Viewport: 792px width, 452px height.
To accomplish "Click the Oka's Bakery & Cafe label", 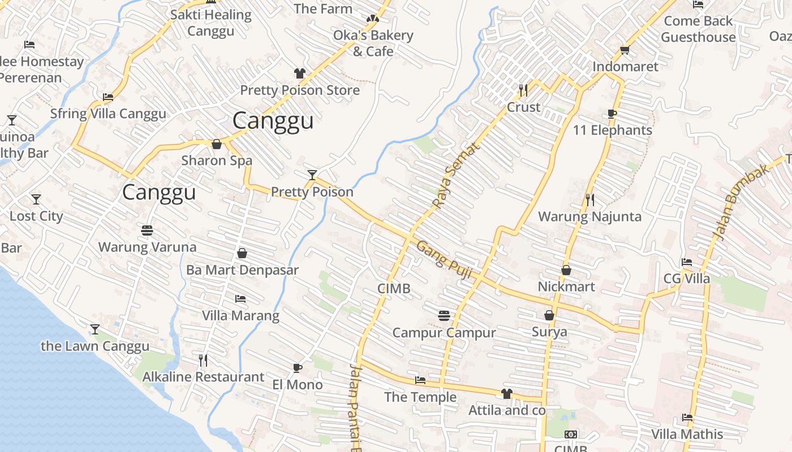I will [373, 43].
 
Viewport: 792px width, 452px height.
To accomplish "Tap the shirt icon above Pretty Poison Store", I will [300, 73].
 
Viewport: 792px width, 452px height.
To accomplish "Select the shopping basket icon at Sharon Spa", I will [216, 145].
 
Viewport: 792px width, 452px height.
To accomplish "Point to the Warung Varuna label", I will [147, 247].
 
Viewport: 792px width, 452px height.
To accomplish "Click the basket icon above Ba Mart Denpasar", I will [242, 253].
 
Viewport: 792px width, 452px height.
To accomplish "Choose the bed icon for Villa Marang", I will [240, 299].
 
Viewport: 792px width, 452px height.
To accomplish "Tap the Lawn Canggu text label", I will [95, 346].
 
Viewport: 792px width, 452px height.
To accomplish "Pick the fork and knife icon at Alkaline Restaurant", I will [203, 360].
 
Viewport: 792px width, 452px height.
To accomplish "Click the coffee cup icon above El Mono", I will [298, 368].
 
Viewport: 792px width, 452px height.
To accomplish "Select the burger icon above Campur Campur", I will [444, 315].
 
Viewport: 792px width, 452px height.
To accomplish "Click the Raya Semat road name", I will [455, 175].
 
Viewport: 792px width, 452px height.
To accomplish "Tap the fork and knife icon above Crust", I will [523, 90].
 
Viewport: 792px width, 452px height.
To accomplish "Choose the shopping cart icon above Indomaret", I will [625, 50].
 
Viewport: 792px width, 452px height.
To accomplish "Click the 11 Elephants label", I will [612, 130].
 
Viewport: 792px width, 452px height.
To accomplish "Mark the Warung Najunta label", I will [589, 216].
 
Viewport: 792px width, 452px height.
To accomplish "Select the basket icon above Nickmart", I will [566, 271].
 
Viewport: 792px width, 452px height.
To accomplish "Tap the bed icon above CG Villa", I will [687, 262].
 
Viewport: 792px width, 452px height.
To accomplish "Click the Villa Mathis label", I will [687, 434].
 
